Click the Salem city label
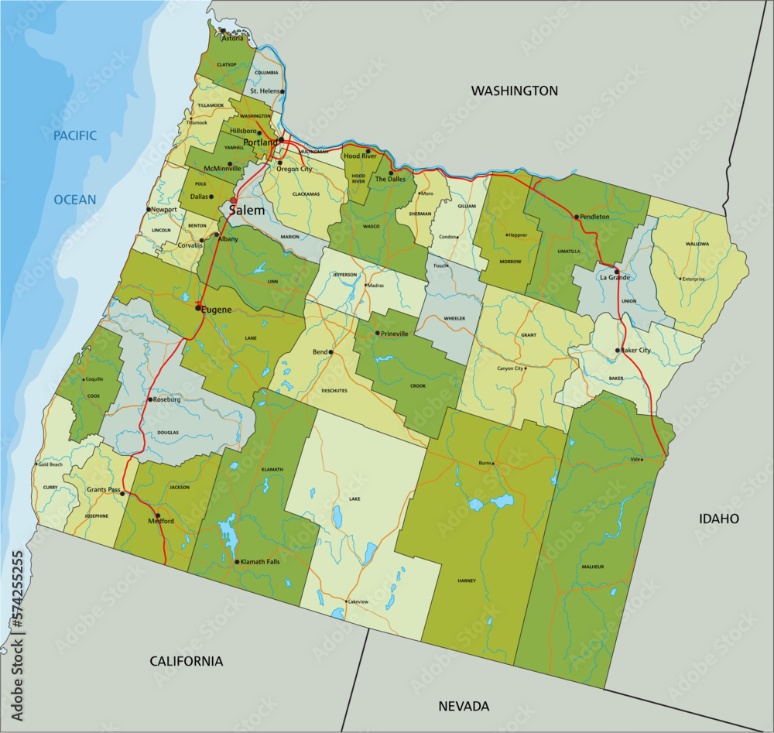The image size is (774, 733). [247, 211]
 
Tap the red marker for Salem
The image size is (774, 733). [233, 200]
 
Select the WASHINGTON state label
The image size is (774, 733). [515, 91]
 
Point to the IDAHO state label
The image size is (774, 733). [719, 519]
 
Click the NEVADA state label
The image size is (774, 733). [464, 706]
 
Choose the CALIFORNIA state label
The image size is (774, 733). [186, 661]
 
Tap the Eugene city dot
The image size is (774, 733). [198, 308]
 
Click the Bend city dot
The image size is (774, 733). [330, 352]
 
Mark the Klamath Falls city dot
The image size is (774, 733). [237, 561]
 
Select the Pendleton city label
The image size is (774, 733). [594, 217]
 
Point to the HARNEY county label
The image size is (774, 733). [466, 580]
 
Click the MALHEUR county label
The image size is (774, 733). [592, 567]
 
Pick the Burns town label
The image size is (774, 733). [485, 464]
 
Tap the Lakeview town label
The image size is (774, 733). [358, 601]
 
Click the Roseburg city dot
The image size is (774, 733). [149, 399]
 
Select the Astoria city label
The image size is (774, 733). [232, 38]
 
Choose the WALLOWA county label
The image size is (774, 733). [697, 244]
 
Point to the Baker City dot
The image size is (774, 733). [618, 351]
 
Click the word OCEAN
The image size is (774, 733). [75, 200]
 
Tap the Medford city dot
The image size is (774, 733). [158, 515]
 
